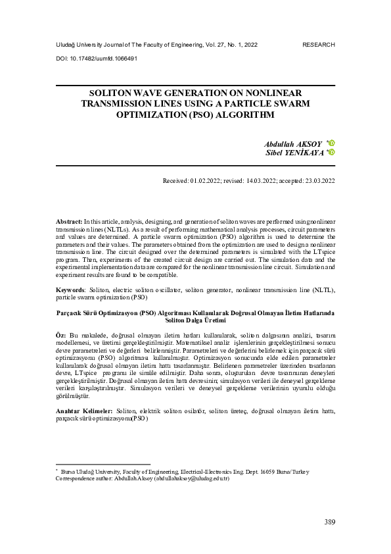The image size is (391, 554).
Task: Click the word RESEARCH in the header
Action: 319,45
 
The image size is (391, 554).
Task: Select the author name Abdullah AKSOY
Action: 293,143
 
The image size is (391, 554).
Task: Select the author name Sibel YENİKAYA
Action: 295,153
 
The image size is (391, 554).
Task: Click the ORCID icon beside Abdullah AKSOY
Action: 331,143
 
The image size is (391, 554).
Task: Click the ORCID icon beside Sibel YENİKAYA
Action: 332,152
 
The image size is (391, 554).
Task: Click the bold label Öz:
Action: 60,336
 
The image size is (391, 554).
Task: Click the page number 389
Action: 330,522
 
